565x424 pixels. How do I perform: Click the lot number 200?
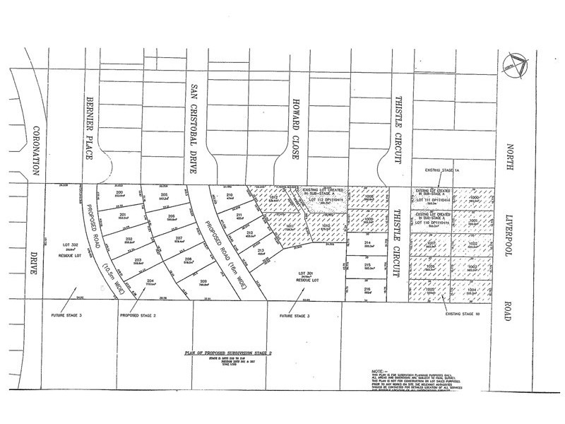pos(120,192)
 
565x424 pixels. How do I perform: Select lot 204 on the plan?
pos(150,281)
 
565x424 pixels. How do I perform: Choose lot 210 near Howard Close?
pos(229,194)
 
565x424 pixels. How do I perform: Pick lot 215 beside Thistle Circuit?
pos(367,265)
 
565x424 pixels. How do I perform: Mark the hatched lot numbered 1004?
pos(472,289)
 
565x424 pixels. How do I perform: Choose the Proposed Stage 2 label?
pos(138,313)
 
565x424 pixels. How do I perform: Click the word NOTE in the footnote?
pos(379,369)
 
